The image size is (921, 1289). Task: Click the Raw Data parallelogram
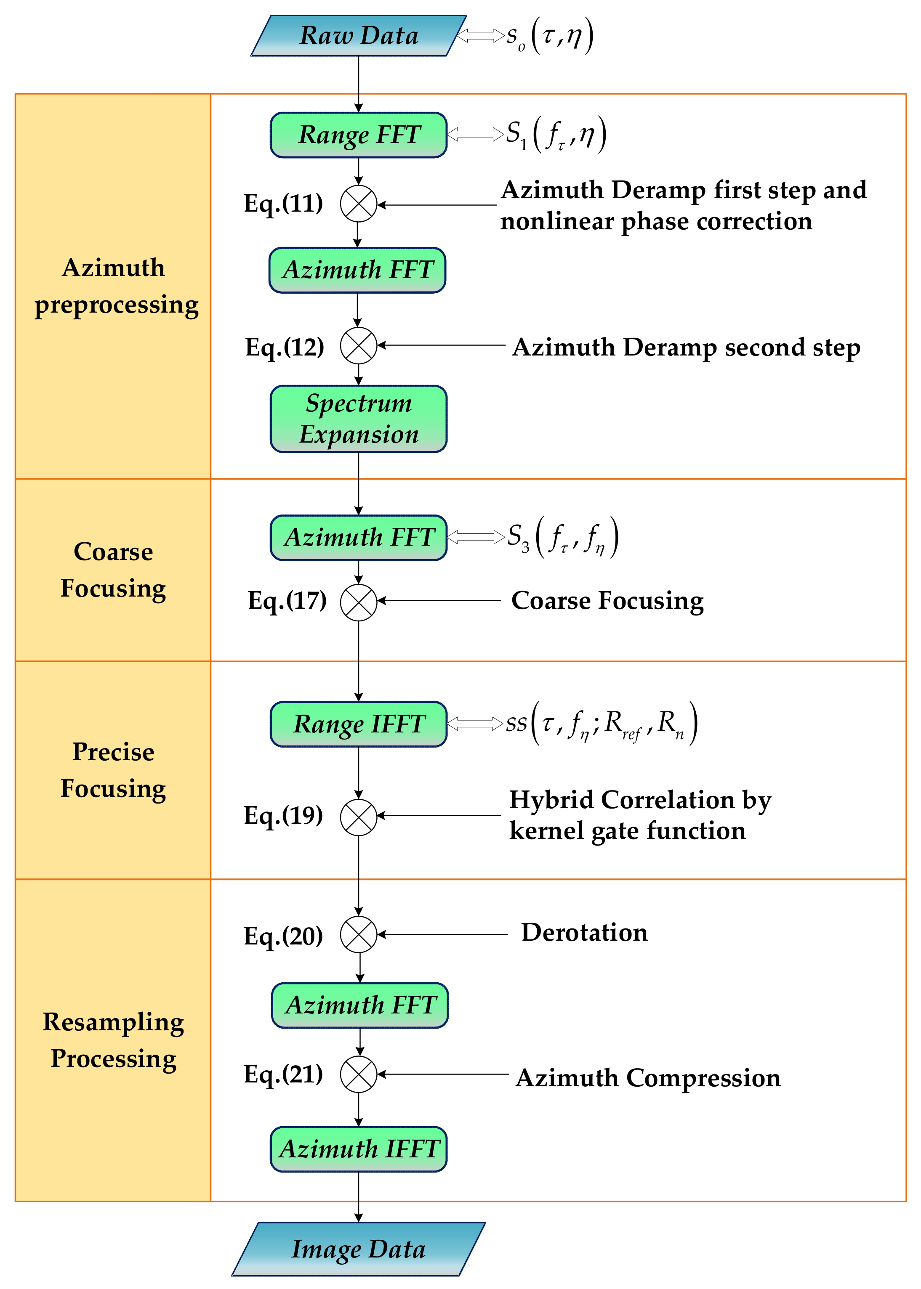click(358, 36)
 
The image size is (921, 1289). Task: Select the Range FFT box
click(358, 135)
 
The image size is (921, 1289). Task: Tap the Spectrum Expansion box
click(358, 419)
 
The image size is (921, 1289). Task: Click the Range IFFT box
click(358, 724)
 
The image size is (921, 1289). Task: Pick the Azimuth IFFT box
click(358, 1149)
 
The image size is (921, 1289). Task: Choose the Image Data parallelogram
click(358, 1249)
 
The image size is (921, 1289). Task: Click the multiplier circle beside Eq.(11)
click(358, 204)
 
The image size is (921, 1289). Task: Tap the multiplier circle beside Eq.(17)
click(358, 602)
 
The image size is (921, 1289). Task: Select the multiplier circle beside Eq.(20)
click(358, 934)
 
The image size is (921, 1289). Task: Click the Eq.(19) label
click(283, 815)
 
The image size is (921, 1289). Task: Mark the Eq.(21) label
click(283, 1074)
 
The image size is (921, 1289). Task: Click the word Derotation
click(584, 932)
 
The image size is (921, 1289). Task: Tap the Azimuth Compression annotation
click(648, 1077)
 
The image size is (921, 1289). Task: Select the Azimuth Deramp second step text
click(686, 347)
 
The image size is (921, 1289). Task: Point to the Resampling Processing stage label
click(113, 1040)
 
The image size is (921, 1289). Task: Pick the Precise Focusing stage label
click(113, 770)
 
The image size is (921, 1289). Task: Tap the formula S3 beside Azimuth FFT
click(562, 536)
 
